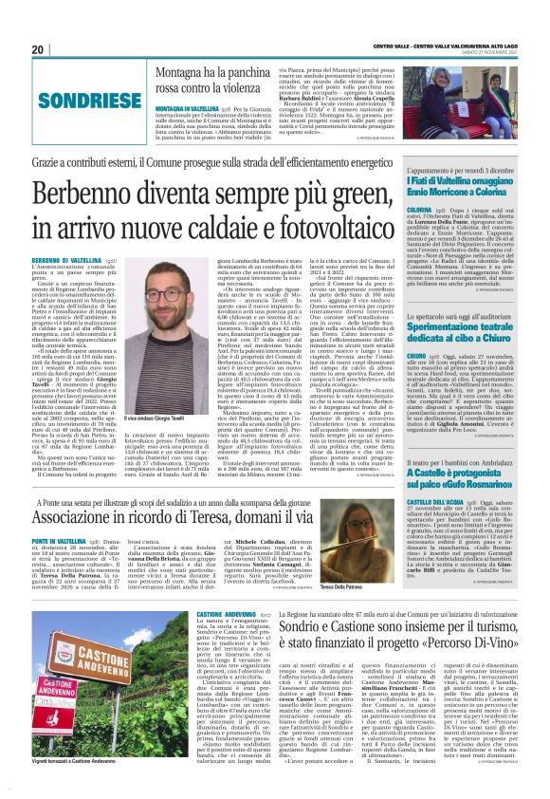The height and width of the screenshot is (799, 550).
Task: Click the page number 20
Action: click(38, 49)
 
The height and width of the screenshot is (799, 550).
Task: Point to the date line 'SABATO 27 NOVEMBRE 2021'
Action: click(491, 51)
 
